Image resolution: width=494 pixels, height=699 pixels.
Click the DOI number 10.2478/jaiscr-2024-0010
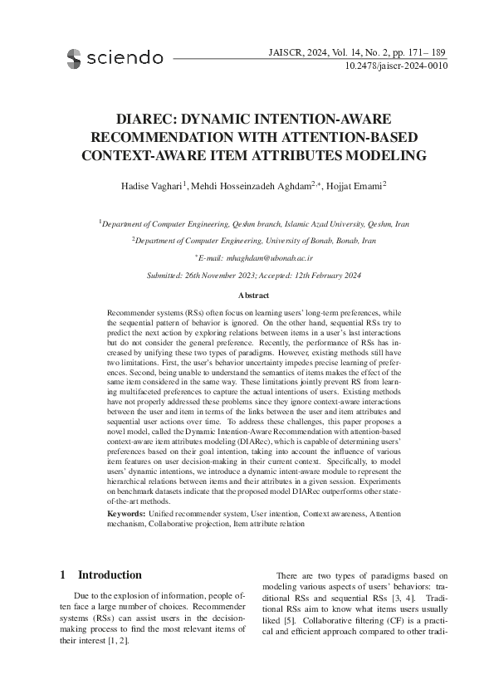395,65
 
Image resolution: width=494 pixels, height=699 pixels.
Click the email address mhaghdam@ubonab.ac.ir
254,259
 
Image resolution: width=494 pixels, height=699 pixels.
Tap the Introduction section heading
110,574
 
